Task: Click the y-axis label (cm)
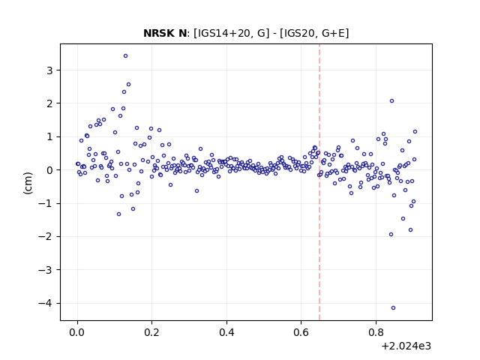pyautogui.click(x=28, y=183)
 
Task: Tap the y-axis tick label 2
pyautogui.click(x=50, y=103)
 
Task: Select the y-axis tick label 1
pyautogui.click(x=50, y=136)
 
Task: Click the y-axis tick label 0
pyautogui.click(x=50, y=170)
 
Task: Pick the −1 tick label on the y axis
pyautogui.click(x=46, y=203)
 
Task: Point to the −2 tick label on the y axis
pyautogui.click(x=46, y=237)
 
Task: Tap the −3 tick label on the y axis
pyautogui.click(x=46, y=270)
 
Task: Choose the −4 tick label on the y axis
pyautogui.click(x=46, y=303)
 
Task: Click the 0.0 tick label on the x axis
pyautogui.click(x=77, y=332)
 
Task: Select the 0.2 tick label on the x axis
pyautogui.click(x=151, y=332)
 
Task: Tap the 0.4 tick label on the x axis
pyautogui.click(x=226, y=332)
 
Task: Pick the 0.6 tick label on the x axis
pyautogui.click(x=301, y=332)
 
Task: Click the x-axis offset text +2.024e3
pyautogui.click(x=406, y=346)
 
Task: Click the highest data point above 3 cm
pyautogui.click(x=125, y=56)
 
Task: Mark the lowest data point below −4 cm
pyautogui.click(x=393, y=308)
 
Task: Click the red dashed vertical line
pyautogui.click(x=319, y=182)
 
